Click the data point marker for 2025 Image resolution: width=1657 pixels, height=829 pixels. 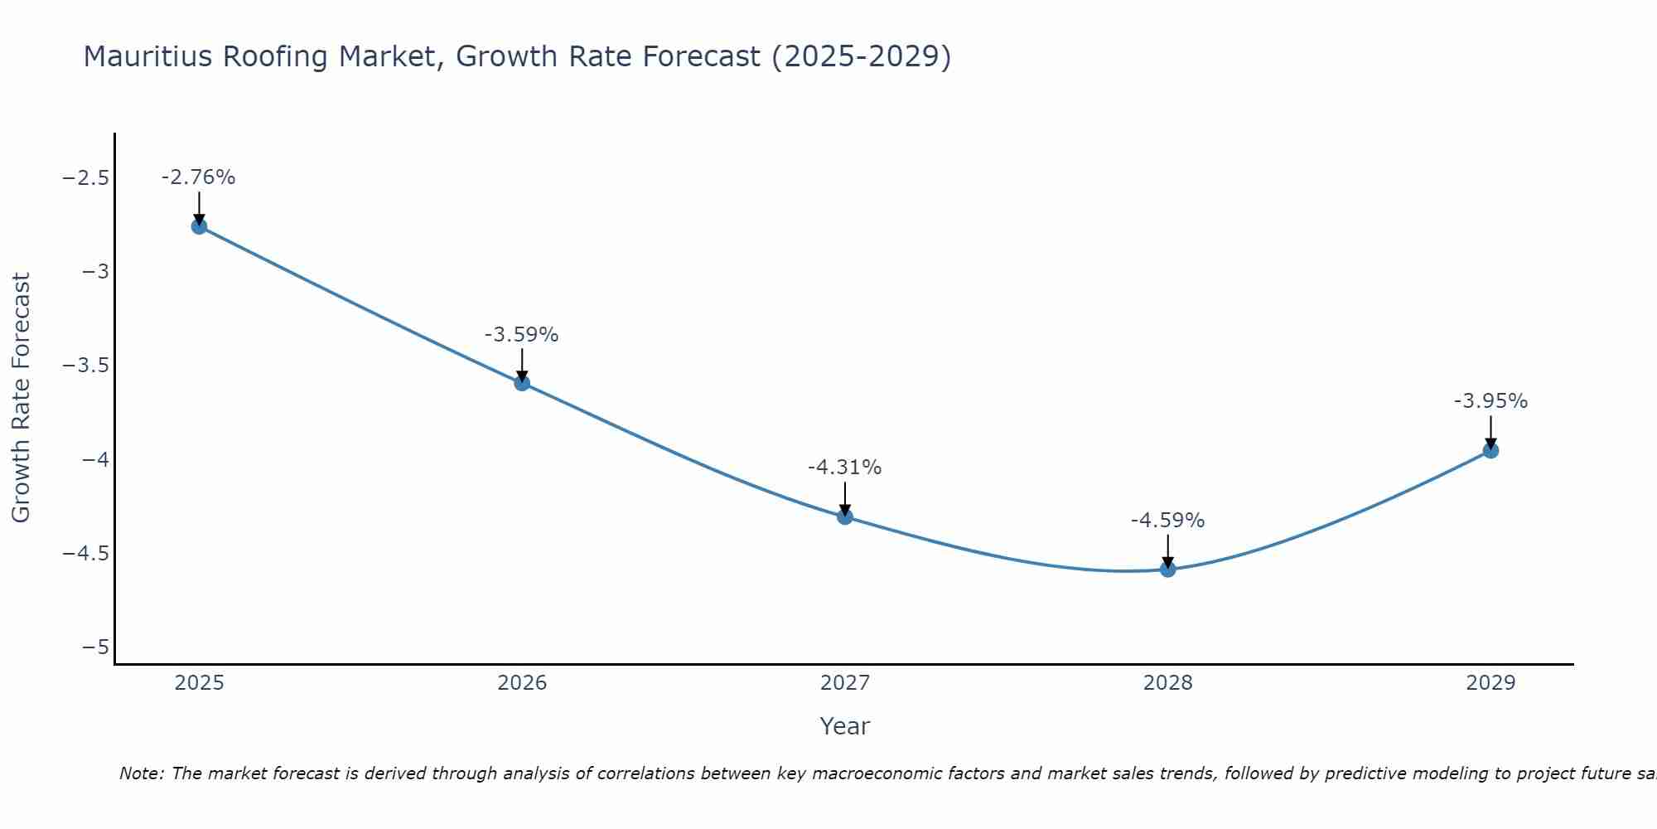tap(199, 226)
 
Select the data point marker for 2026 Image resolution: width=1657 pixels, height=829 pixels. tap(522, 383)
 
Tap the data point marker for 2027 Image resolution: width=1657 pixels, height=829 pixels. tap(845, 517)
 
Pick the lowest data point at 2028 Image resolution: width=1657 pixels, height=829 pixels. tap(1168, 570)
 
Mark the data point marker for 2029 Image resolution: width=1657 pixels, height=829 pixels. tap(1490, 451)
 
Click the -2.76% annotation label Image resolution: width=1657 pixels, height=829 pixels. tap(199, 177)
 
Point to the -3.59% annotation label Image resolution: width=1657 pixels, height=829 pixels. tap(522, 335)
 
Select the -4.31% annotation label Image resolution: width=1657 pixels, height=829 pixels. tap(845, 468)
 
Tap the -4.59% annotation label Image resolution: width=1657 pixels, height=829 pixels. tap(1168, 521)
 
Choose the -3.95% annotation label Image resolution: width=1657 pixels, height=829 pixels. tap(1490, 401)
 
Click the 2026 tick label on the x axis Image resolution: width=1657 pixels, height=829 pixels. tap(522, 683)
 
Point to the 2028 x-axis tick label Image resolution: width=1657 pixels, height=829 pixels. tap(1168, 683)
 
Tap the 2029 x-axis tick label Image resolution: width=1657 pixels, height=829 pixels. tap(1490, 683)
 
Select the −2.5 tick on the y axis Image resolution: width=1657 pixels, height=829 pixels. tap(85, 178)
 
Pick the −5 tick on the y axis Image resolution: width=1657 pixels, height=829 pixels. tap(95, 647)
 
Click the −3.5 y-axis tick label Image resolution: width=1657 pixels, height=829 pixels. tap(85, 366)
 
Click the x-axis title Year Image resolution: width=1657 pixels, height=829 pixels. tap(845, 727)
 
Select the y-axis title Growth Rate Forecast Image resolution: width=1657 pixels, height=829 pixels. tap(21, 398)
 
